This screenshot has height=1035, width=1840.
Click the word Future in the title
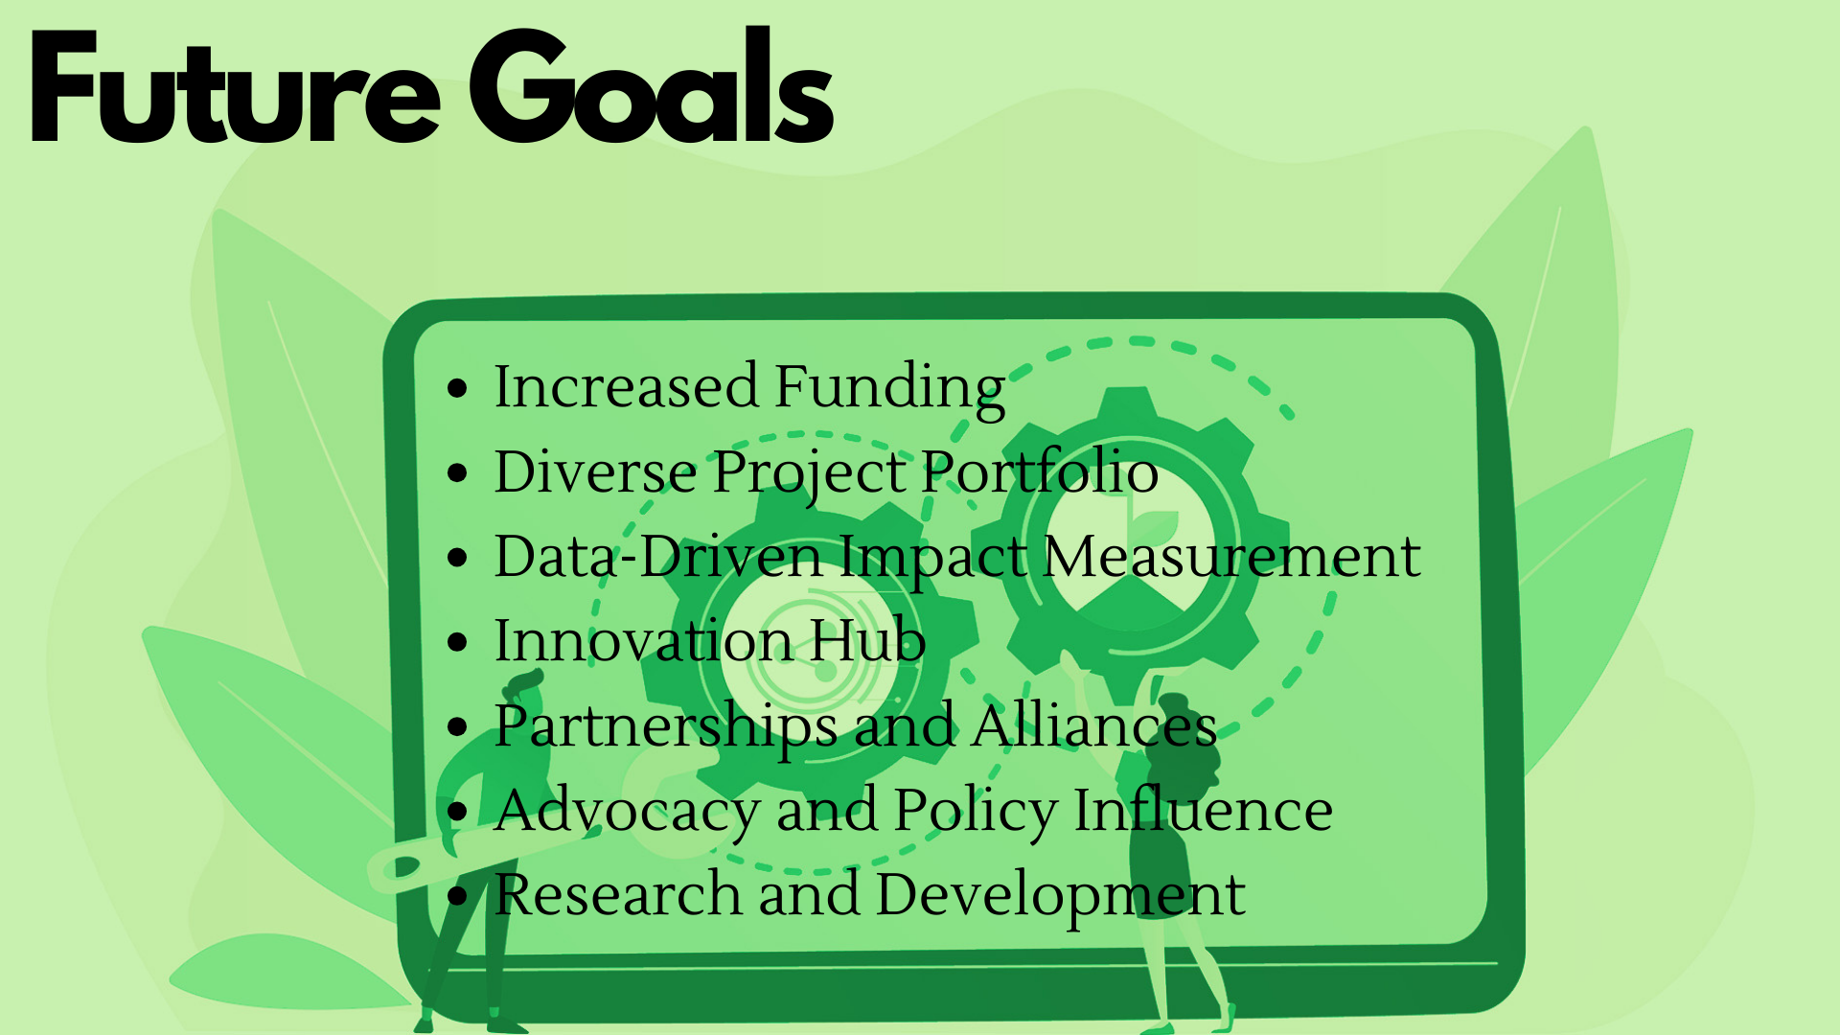click(x=235, y=88)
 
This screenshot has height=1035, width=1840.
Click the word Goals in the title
click(x=652, y=88)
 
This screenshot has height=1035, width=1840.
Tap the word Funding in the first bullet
click(x=889, y=388)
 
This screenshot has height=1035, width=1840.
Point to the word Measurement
click(x=1231, y=557)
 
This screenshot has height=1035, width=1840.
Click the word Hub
click(x=867, y=641)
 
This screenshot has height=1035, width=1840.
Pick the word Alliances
click(x=1093, y=725)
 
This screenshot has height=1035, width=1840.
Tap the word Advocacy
click(x=628, y=812)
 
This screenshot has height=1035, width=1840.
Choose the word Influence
click(x=1203, y=811)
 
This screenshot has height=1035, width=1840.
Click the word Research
click(x=618, y=895)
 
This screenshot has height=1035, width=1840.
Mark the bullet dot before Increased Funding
click(x=458, y=389)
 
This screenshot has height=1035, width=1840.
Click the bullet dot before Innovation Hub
click(x=458, y=643)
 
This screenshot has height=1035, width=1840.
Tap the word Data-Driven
click(x=658, y=557)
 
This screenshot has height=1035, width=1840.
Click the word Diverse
click(x=595, y=472)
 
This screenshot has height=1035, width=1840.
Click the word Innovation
click(x=643, y=641)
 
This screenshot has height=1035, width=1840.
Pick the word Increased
click(x=626, y=388)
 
